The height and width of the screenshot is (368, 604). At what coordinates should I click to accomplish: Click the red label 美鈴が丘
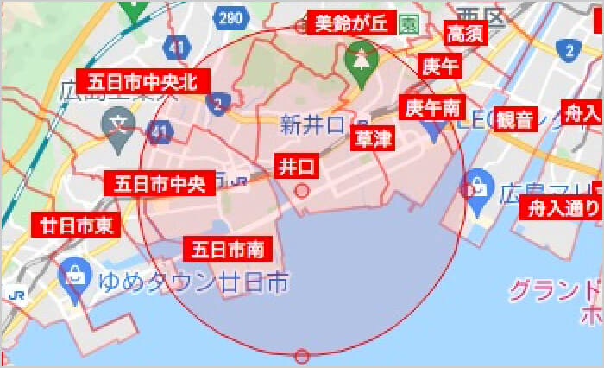click(x=350, y=23)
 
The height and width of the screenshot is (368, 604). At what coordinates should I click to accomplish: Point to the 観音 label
click(x=516, y=119)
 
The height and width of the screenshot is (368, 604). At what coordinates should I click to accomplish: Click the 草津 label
click(x=374, y=138)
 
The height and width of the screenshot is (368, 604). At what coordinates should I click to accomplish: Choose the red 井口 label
click(x=295, y=166)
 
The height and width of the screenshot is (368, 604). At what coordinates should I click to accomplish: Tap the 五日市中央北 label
click(x=142, y=82)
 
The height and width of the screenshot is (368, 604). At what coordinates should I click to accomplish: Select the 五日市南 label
click(x=229, y=250)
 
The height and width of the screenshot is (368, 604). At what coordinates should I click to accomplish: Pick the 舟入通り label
click(x=563, y=208)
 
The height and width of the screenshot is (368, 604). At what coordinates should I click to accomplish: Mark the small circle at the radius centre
click(x=302, y=190)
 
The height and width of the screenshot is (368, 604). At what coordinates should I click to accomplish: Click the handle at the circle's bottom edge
click(x=302, y=356)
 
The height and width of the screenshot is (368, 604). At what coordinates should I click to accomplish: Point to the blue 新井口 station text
click(x=312, y=125)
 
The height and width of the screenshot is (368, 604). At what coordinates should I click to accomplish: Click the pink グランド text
click(x=552, y=290)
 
